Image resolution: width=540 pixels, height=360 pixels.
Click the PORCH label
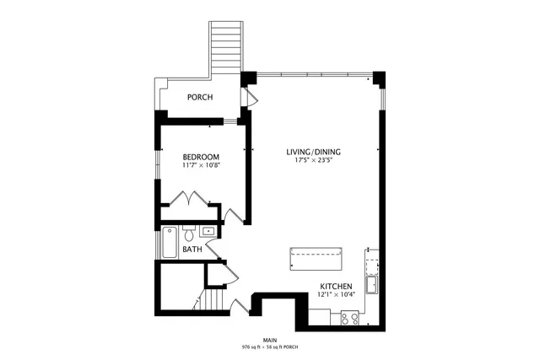coord(199,98)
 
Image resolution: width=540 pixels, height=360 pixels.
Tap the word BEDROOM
coord(201,157)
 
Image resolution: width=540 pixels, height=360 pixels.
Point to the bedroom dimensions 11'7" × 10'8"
coord(201,165)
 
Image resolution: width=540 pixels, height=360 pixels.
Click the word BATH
coord(192,249)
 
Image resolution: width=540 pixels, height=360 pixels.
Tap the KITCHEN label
coord(335,286)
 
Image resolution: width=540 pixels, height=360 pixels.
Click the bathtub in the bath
coord(169,243)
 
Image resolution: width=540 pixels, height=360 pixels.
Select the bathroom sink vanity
coord(208,229)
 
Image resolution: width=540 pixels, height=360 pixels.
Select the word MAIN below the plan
coord(269,340)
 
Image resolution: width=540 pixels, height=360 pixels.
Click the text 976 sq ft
coord(253,347)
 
